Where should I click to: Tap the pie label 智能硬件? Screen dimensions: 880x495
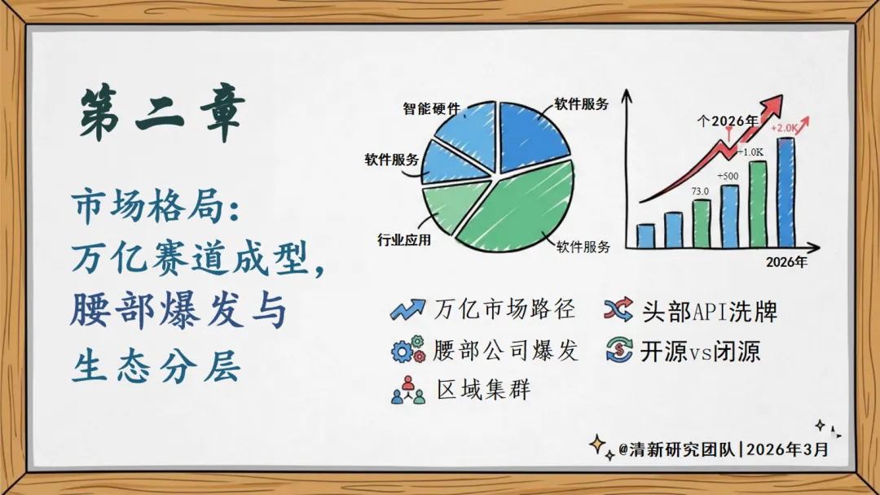[x=431, y=108]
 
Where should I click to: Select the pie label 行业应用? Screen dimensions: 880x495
[x=404, y=240]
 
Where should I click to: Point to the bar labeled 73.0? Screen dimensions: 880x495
[x=702, y=223]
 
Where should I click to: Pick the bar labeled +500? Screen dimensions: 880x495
[x=729, y=216]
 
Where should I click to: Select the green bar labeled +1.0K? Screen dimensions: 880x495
[x=758, y=204]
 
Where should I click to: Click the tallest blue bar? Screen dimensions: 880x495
[x=785, y=192]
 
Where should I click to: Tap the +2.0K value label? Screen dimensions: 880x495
[x=784, y=128]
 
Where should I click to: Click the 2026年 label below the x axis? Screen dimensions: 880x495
[x=786, y=262]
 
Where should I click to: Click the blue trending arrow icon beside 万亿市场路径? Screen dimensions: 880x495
[x=407, y=310]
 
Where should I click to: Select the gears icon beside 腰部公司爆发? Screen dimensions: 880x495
[x=408, y=350]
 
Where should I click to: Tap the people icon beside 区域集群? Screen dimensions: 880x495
[x=408, y=390]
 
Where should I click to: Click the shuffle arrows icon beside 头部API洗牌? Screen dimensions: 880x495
[x=618, y=310]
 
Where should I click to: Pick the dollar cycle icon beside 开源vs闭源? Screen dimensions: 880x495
[x=619, y=350]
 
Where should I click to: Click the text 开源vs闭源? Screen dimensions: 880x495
[x=701, y=352]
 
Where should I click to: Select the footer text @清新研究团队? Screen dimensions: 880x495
[x=676, y=449]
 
